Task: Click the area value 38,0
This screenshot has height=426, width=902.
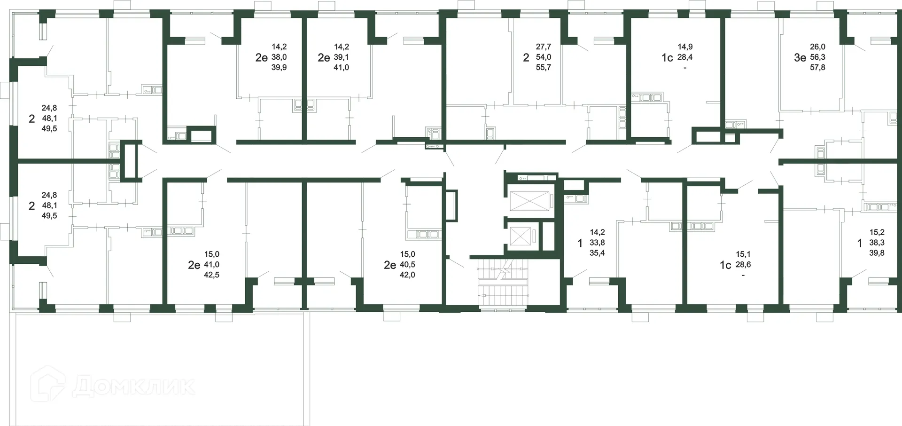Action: coord(279,57)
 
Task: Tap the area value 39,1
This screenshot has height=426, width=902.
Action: coord(341,57)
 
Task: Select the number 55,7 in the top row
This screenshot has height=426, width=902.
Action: coord(543,67)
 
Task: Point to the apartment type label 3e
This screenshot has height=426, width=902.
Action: coord(800,57)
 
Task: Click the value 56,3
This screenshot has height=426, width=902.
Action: coord(817,57)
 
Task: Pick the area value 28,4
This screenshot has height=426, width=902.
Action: coord(685,57)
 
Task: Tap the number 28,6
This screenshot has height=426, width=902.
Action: coord(743,265)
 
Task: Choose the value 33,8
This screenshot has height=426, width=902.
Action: coord(597,243)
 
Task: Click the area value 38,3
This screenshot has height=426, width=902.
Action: coord(877,243)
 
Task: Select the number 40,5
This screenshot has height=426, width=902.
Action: coord(407,265)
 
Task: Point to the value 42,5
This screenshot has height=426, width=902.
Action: coord(211,275)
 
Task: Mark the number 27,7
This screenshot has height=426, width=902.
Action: coord(543,47)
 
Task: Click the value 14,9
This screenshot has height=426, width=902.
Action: coord(685,47)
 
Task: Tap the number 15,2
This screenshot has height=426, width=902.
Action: coord(877,232)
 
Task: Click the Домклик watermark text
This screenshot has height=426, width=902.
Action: coord(134,387)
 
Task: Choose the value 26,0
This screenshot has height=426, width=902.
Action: coord(817,47)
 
